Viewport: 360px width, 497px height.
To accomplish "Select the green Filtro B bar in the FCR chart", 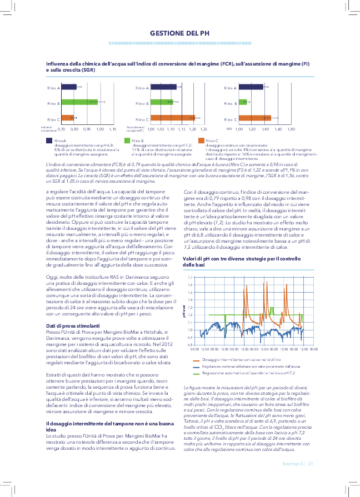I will tap(79, 102).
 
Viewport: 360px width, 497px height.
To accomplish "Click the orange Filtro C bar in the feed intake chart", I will tap(173, 118).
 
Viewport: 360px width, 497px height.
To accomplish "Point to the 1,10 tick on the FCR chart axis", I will tap(112, 129).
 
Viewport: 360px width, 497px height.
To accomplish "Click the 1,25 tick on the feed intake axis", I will tap(203, 129).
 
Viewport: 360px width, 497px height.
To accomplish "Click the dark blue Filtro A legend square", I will tap(49, 140).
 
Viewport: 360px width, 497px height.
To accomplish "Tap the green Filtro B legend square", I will tap(127, 140).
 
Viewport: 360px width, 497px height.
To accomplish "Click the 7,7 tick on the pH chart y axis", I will tap(191, 277).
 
